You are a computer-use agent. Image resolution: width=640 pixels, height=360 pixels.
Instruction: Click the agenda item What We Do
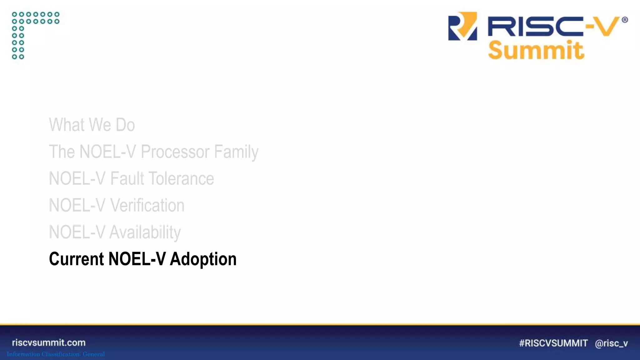[x=92, y=125]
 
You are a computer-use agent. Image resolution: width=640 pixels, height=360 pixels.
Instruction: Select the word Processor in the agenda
[x=175, y=152]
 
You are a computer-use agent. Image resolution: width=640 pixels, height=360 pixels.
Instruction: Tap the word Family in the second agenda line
[x=236, y=152]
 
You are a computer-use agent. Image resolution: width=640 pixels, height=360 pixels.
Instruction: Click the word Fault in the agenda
[x=127, y=179]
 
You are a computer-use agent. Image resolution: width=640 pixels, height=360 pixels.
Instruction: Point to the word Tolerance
[x=181, y=179]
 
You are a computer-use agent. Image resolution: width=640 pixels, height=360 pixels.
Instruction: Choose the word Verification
[x=147, y=206]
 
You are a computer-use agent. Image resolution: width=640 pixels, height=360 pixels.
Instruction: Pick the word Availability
[x=145, y=232]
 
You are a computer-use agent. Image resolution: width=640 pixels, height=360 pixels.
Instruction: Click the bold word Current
[x=76, y=259]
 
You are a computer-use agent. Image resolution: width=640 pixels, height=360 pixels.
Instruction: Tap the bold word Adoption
[x=203, y=259]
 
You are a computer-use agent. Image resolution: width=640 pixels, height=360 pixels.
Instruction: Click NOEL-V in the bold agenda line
[x=137, y=259]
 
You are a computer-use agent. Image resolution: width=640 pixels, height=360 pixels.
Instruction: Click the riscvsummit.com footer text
[x=49, y=342]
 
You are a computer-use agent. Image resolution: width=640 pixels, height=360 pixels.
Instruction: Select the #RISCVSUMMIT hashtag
[x=553, y=343]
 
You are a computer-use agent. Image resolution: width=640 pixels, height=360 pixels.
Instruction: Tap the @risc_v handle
[x=611, y=343]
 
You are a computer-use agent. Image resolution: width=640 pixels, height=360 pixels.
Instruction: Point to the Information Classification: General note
[x=56, y=354]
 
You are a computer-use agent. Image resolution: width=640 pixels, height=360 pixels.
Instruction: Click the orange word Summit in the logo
[x=536, y=50]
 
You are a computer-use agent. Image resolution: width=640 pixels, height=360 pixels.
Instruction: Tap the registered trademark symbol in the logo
[x=625, y=20]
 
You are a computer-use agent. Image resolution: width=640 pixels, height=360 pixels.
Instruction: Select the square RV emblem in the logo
[x=462, y=26]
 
